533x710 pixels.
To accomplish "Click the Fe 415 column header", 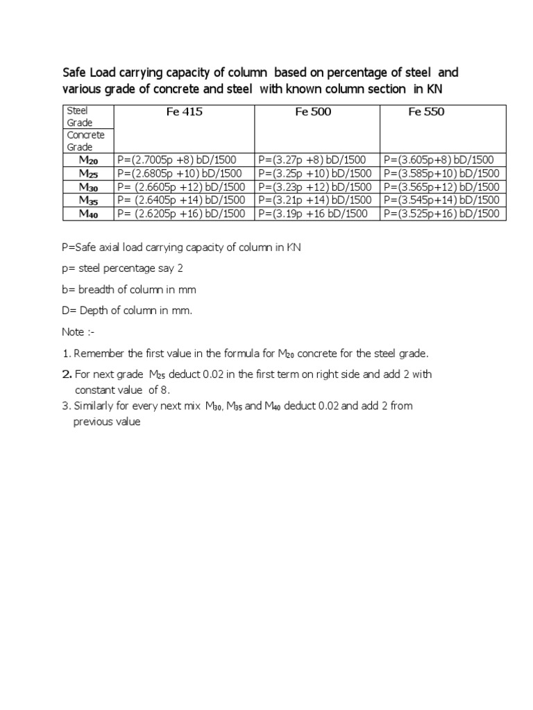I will point(185,112).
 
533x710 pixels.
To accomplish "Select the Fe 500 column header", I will point(313,112).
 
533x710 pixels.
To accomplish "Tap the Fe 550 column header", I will point(427,112).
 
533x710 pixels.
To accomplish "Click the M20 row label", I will point(88,160).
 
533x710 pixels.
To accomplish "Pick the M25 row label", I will point(88,173).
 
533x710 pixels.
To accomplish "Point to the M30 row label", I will point(88,187).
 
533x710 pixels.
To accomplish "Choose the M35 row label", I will point(88,200).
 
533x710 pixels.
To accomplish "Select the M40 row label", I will point(88,214).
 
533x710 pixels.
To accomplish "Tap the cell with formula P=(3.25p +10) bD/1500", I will point(314,173).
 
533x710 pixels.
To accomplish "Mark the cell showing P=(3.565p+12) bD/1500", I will point(441,187).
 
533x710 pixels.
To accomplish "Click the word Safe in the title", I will point(74,73).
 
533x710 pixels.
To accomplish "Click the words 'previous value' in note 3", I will point(107,422).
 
